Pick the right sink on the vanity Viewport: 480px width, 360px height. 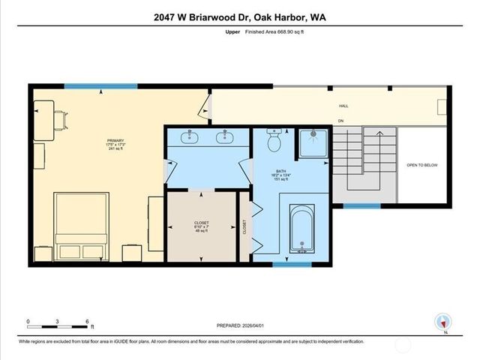pyautogui.click(x=223, y=137)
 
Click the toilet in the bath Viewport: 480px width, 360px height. pyautogui.click(x=274, y=140)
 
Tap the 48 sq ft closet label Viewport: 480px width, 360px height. pyautogui.click(x=202, y=227)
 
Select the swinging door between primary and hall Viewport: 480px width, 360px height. pyautogui.click(x=202, y=109)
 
